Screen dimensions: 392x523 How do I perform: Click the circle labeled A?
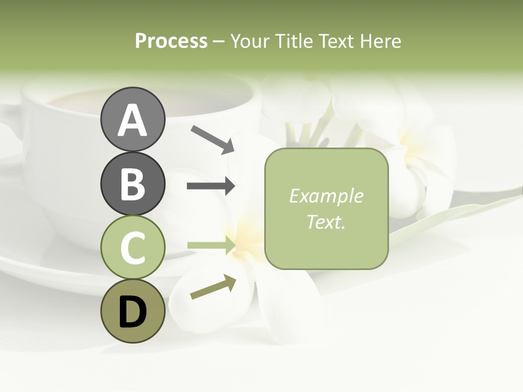[132, 119]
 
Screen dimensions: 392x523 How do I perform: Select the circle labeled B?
[132, 184]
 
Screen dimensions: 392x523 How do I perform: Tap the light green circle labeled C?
[132, 247]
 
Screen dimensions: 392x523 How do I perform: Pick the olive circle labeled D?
[132, 311]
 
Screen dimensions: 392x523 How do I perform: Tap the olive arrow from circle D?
[213, 287]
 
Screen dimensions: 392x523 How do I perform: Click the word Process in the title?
[171, 41]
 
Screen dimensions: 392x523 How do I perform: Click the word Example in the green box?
[326, 196]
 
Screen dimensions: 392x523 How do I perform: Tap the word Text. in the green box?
[326, 222]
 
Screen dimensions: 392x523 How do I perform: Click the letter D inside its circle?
[132, 312]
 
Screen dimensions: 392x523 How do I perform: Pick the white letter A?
[132, 120]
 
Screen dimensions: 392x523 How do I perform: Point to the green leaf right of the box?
[436, 223]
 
